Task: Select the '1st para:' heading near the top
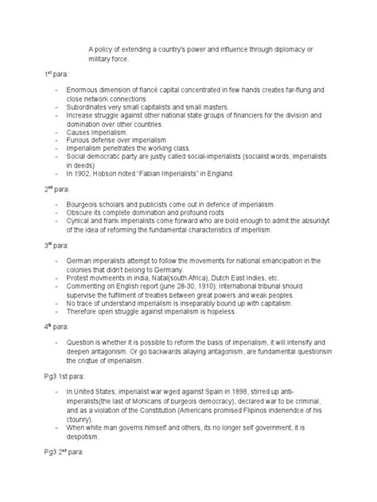[x=56, y=72]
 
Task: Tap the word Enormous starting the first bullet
[x=84, y=94]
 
